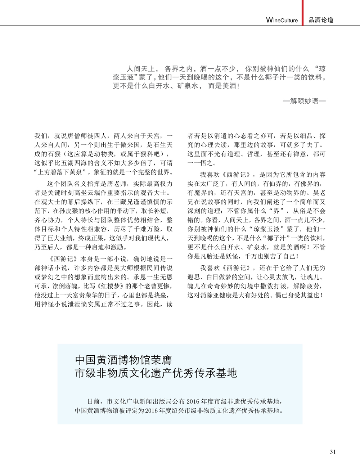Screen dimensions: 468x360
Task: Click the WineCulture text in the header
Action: (282, 20)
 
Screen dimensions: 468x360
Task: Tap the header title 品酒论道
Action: (321, 20)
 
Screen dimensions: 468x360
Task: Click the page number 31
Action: (333, 452)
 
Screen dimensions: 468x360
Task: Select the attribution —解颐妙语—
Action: (304, 101)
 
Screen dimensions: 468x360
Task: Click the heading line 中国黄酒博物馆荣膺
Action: (123, 360)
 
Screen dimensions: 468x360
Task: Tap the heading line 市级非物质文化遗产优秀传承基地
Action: (156, 373)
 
